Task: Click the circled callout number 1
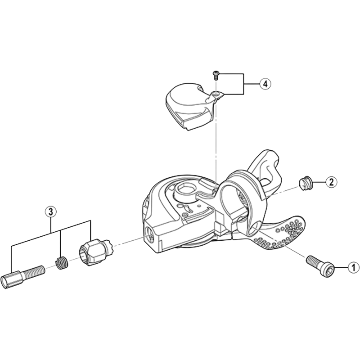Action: [353, 268]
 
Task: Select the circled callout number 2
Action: [331, 182]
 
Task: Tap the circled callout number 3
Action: [51, 211]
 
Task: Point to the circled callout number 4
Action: [265, 84]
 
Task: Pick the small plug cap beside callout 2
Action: [305, 183]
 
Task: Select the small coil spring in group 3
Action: [61, 261]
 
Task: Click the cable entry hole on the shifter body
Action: [150, 233]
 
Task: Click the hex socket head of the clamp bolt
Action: [327, 271]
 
